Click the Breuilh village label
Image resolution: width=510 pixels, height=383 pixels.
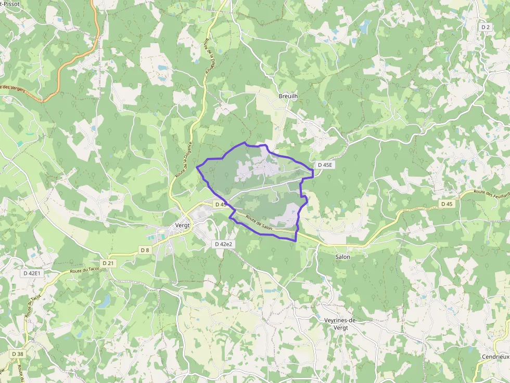coord(288,96)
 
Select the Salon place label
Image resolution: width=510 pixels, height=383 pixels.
coord(342,257)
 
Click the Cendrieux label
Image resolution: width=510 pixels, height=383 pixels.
coord(494,357)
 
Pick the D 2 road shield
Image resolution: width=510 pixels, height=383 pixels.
coord(486,27)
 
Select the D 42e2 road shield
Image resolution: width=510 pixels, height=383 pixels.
coord(223,244)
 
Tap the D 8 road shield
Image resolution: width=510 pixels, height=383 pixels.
coord(145,250)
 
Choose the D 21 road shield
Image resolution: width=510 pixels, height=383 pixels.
coord(108,263)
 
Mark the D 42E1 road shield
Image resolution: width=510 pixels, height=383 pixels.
coord(32,273)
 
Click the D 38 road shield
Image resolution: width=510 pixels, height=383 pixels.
coord(17,354)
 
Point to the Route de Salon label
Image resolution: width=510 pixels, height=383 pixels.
coord(259,223)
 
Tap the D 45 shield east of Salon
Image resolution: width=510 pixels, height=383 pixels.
coord(447,204)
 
